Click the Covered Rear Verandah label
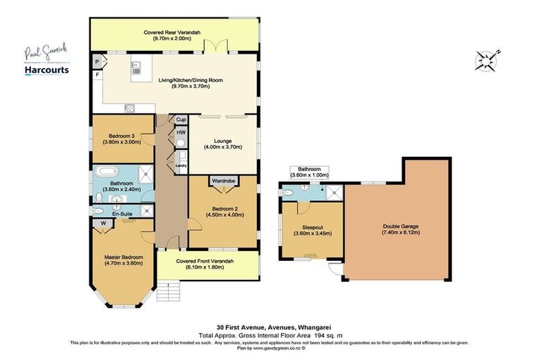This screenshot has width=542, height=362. (172, 35)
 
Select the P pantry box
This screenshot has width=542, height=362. (97, 62)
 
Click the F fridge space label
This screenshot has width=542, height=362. (97, 74)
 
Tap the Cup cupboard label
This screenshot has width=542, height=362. (181, 119)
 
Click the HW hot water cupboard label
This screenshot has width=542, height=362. (181, 133)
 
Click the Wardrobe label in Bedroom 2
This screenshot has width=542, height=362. (224, 181)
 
